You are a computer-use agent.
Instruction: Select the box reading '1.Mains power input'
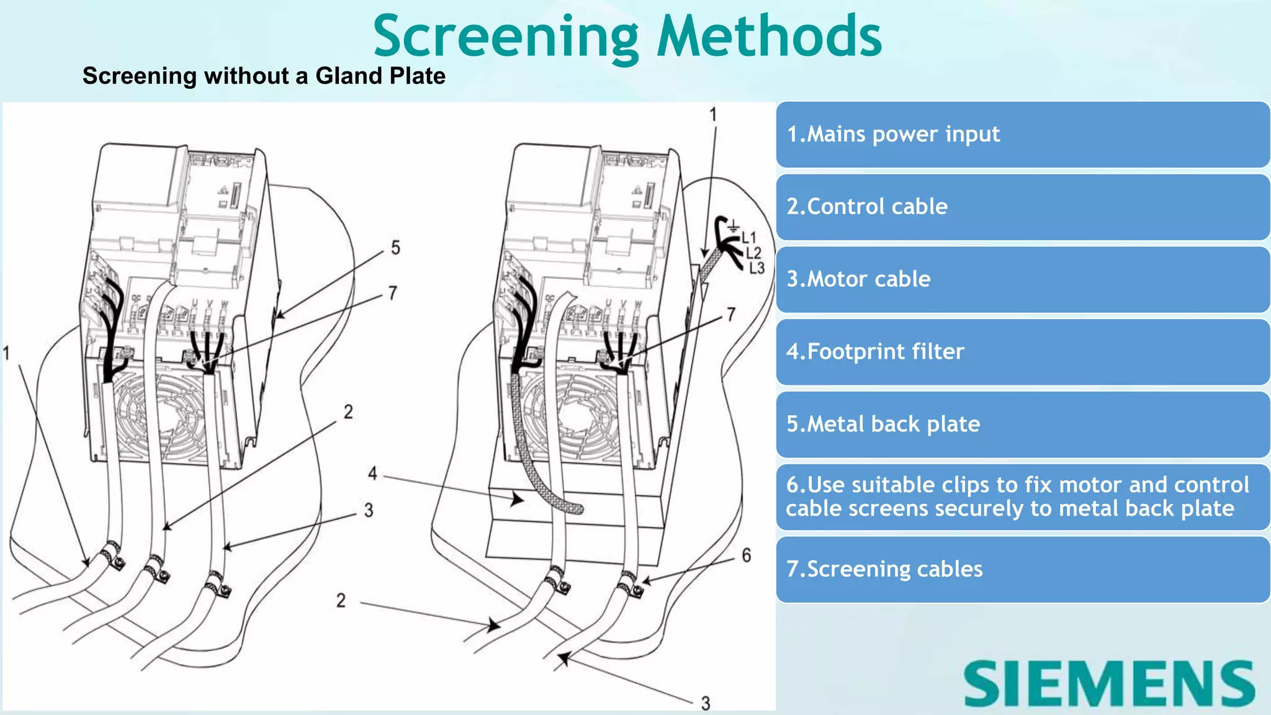[1022, 135]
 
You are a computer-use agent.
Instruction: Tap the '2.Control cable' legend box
[1022, 207]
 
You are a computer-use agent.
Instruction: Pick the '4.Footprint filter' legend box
[1022, 352]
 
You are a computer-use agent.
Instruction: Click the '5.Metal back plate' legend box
[1022, 425]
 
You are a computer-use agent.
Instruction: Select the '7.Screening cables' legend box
[1022, 570]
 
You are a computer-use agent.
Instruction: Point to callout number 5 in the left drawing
[395, 248]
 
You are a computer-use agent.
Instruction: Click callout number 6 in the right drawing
[747, 555]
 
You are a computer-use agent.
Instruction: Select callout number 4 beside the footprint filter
[372, 474]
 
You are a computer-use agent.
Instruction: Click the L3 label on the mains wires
[757, 269]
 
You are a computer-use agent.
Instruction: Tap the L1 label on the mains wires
[749, 237]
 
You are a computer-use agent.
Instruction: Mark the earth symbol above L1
[734, 225]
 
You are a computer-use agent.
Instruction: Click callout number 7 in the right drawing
[731, 315]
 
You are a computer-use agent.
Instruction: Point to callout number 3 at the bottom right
[706, 703]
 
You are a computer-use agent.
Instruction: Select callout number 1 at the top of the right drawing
[713, 115]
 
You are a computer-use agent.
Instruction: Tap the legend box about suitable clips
[1022, 497]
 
